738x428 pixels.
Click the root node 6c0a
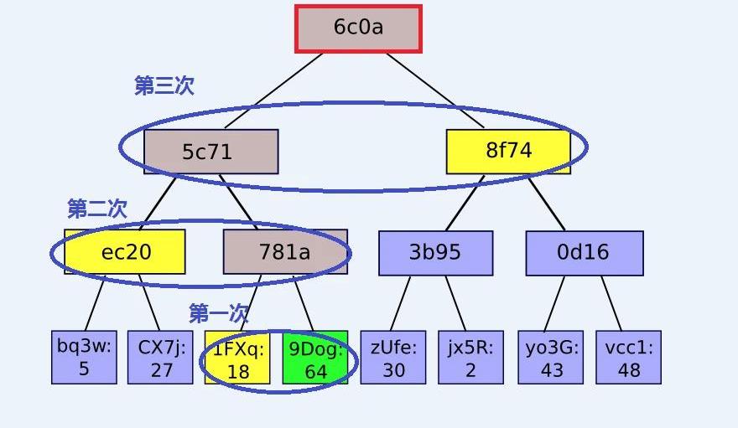tap(358, 28)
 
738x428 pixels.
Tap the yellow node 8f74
tap(508, 151)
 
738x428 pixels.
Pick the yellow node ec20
tap(125, 251)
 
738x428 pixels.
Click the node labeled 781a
tap(284, 251)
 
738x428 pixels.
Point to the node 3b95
tap(435, 252)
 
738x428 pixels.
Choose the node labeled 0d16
tap(584, 252)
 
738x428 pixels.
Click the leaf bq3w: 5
tap(84, 358)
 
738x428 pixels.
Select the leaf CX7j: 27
tap(161, 358)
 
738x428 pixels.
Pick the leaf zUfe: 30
tap(392, 358)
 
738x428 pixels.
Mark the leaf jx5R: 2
tap(470, 358)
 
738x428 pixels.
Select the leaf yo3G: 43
tap(550, 358)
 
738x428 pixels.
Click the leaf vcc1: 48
tap(628, 358)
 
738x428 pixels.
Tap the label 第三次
tap(164, 85)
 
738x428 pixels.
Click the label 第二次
tap(97, 209)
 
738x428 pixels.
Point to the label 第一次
tap(219, 313)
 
